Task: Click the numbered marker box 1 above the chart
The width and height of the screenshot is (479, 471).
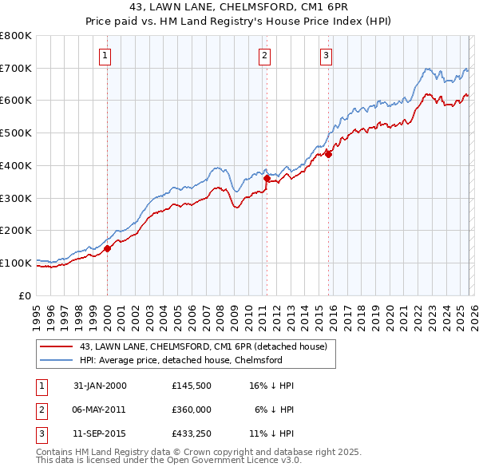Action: pos(105,55)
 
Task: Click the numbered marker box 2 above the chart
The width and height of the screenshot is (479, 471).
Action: pos(264,55)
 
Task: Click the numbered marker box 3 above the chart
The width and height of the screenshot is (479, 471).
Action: pos(326,55)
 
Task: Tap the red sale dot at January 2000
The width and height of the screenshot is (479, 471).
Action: pos(108,248)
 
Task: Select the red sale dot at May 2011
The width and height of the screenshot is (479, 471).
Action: pos(267,179)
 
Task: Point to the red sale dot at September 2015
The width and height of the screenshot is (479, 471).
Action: pos(328,155)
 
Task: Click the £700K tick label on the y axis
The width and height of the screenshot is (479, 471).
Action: pos(16,68)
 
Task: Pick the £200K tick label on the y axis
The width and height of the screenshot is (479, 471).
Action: pos(16,230)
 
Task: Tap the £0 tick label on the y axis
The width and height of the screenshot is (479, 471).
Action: pos(26,295)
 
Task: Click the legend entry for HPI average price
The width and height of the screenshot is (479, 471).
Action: pos(181,360)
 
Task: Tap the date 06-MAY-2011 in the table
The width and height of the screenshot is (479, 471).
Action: pos(100,410)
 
